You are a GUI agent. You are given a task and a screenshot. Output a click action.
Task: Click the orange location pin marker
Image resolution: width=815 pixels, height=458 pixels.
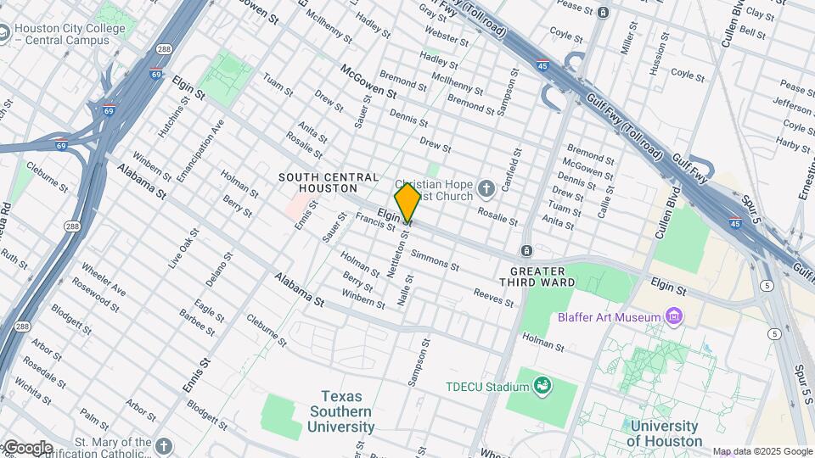(407, 202)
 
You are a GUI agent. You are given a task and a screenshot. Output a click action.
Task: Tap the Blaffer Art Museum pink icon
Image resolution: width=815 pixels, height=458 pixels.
(674, 316)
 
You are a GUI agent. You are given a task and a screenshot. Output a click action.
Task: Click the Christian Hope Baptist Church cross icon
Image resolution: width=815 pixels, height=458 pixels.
(486, 187)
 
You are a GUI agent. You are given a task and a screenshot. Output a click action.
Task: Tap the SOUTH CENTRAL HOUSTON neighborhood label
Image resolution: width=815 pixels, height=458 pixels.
(329, 183)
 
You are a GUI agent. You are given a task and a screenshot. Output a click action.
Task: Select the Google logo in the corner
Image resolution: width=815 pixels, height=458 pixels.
(27, 447)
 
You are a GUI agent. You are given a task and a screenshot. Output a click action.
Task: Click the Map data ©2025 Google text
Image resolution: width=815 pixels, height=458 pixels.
(762, 451)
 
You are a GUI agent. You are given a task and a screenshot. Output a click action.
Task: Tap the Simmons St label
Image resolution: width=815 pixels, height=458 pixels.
(434, 260)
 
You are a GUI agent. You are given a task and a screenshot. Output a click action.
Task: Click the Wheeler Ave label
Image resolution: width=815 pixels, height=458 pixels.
(104, 280)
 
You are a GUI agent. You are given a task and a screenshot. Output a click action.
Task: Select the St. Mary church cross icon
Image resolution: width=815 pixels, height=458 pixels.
(164, 444)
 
